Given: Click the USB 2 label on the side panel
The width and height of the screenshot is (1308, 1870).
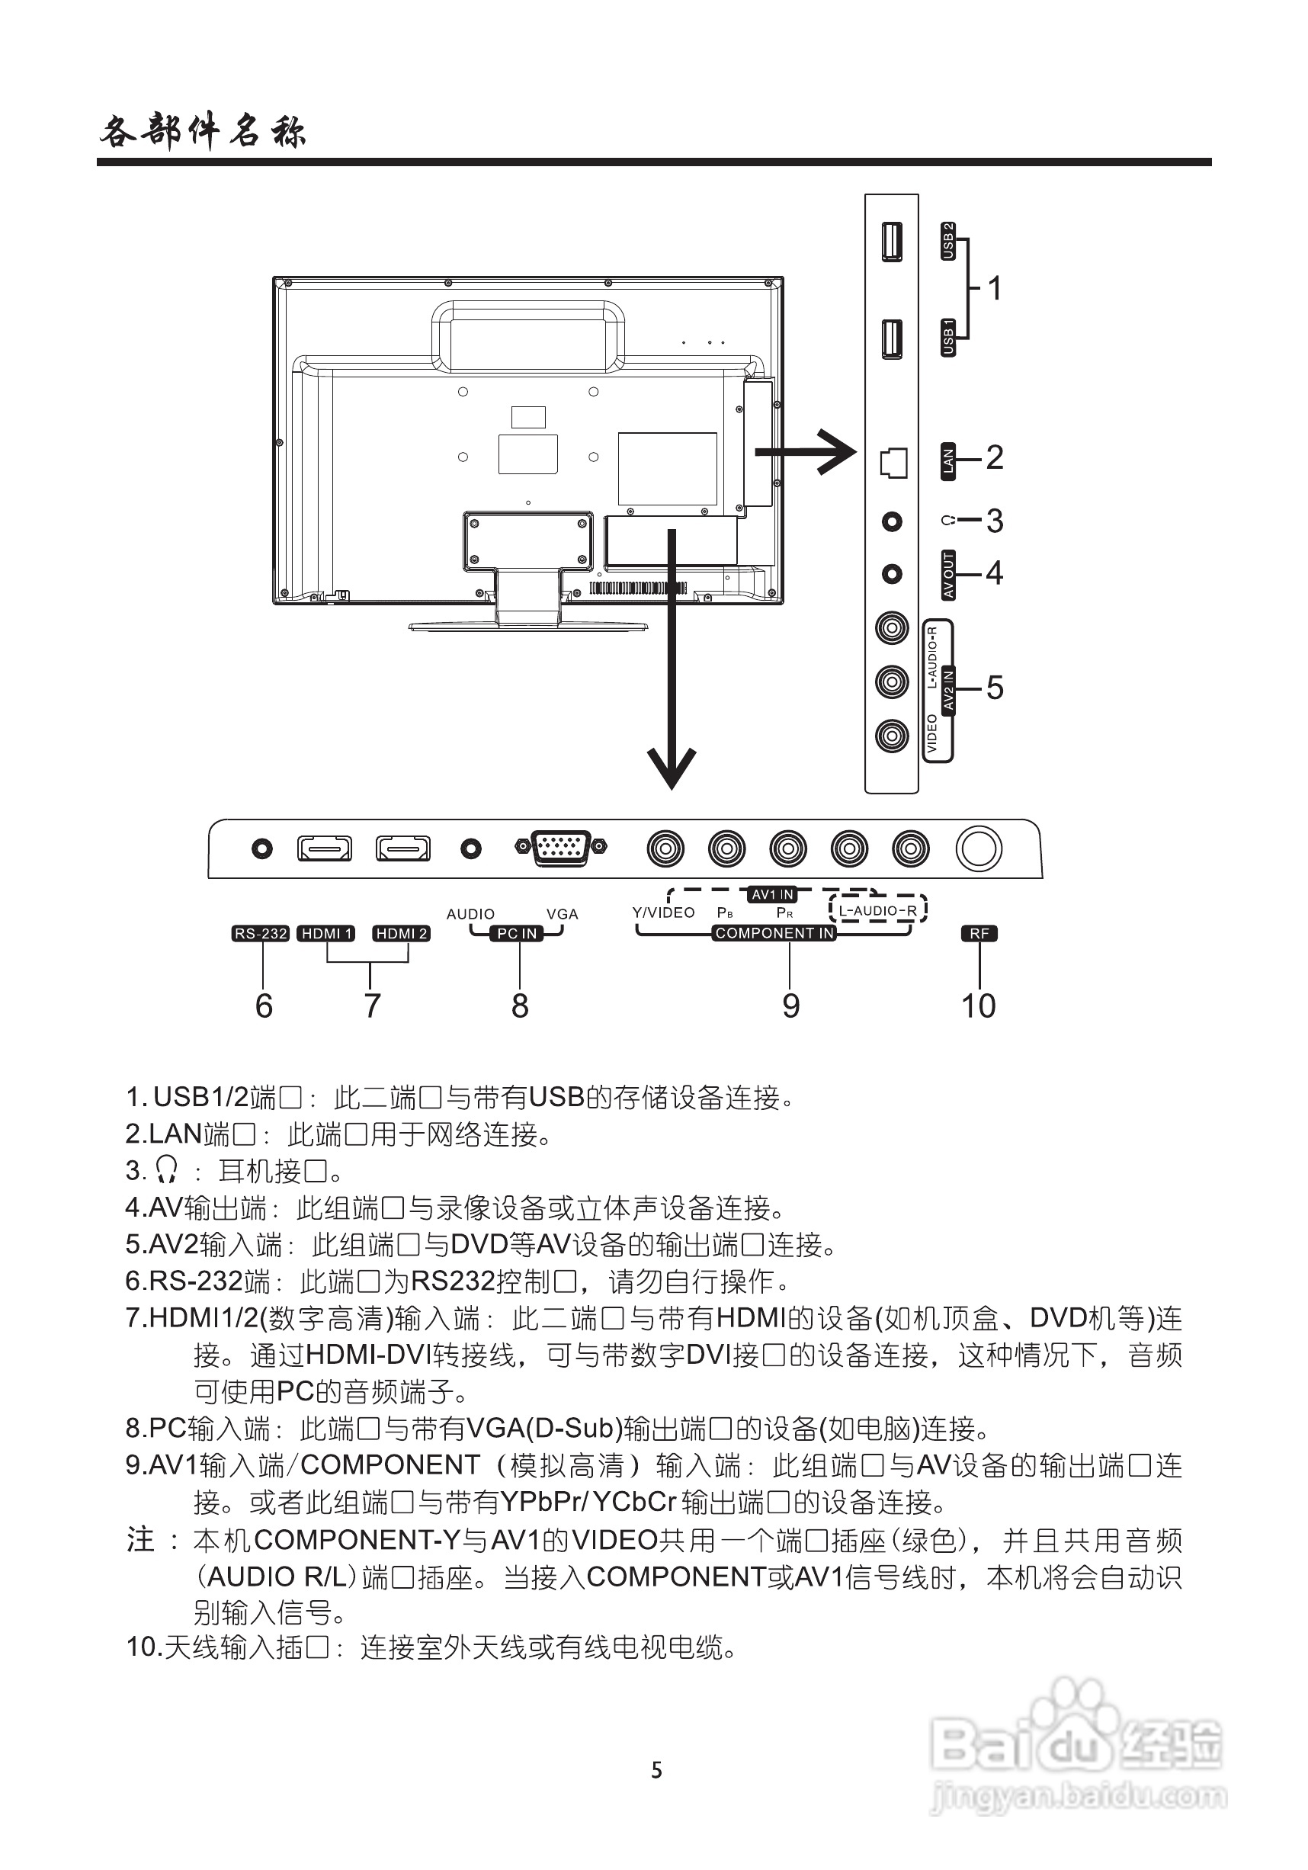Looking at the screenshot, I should [947, 241].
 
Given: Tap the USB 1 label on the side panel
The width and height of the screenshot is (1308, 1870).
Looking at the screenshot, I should [947, 337].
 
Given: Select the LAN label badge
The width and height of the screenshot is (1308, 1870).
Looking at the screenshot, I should [947, 461].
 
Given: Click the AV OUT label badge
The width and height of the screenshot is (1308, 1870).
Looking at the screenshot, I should [947, 575].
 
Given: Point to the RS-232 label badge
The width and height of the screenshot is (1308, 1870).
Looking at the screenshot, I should [261, 933].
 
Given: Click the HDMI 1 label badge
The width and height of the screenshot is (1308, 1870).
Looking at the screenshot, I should [325, 933].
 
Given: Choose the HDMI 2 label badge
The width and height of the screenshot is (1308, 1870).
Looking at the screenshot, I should [401, 933].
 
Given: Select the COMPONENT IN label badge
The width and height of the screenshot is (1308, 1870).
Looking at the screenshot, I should [774, 933].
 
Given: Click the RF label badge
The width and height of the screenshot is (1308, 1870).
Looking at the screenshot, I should [979, 933].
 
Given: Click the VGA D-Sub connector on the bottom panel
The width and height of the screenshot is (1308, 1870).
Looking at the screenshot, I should [561, 848].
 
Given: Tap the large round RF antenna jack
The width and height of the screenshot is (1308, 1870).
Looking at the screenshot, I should [978, 848].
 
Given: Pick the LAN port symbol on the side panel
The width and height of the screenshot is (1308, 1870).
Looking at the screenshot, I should [893, 463].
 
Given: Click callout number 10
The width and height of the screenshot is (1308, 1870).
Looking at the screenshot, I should [978, 1006].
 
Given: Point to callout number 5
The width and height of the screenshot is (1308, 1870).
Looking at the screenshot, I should [995, 688].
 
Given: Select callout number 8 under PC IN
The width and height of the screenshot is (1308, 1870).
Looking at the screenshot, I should [520, 1006].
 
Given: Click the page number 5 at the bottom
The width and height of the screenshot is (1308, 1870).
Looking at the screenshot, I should [656, 1770].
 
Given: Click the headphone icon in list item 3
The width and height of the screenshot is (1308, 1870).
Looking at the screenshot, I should [167, 1170].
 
